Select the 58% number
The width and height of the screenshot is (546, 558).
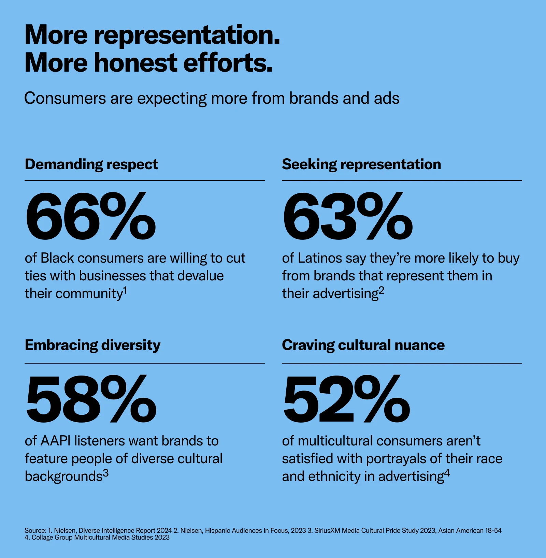91,398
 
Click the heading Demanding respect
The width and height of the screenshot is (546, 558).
91,165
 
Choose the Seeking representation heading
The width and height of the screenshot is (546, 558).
361,165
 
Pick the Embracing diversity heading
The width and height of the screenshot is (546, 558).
92,346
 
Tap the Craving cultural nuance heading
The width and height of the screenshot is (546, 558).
363,346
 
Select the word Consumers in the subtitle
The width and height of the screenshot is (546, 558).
65,98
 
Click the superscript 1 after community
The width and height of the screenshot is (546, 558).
125,290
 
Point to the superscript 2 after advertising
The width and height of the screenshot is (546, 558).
382,290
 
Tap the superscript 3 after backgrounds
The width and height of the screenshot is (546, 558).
106,473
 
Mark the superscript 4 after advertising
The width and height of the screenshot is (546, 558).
447,473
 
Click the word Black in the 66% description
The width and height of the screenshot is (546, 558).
57,258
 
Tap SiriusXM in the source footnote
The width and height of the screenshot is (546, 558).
327,531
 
